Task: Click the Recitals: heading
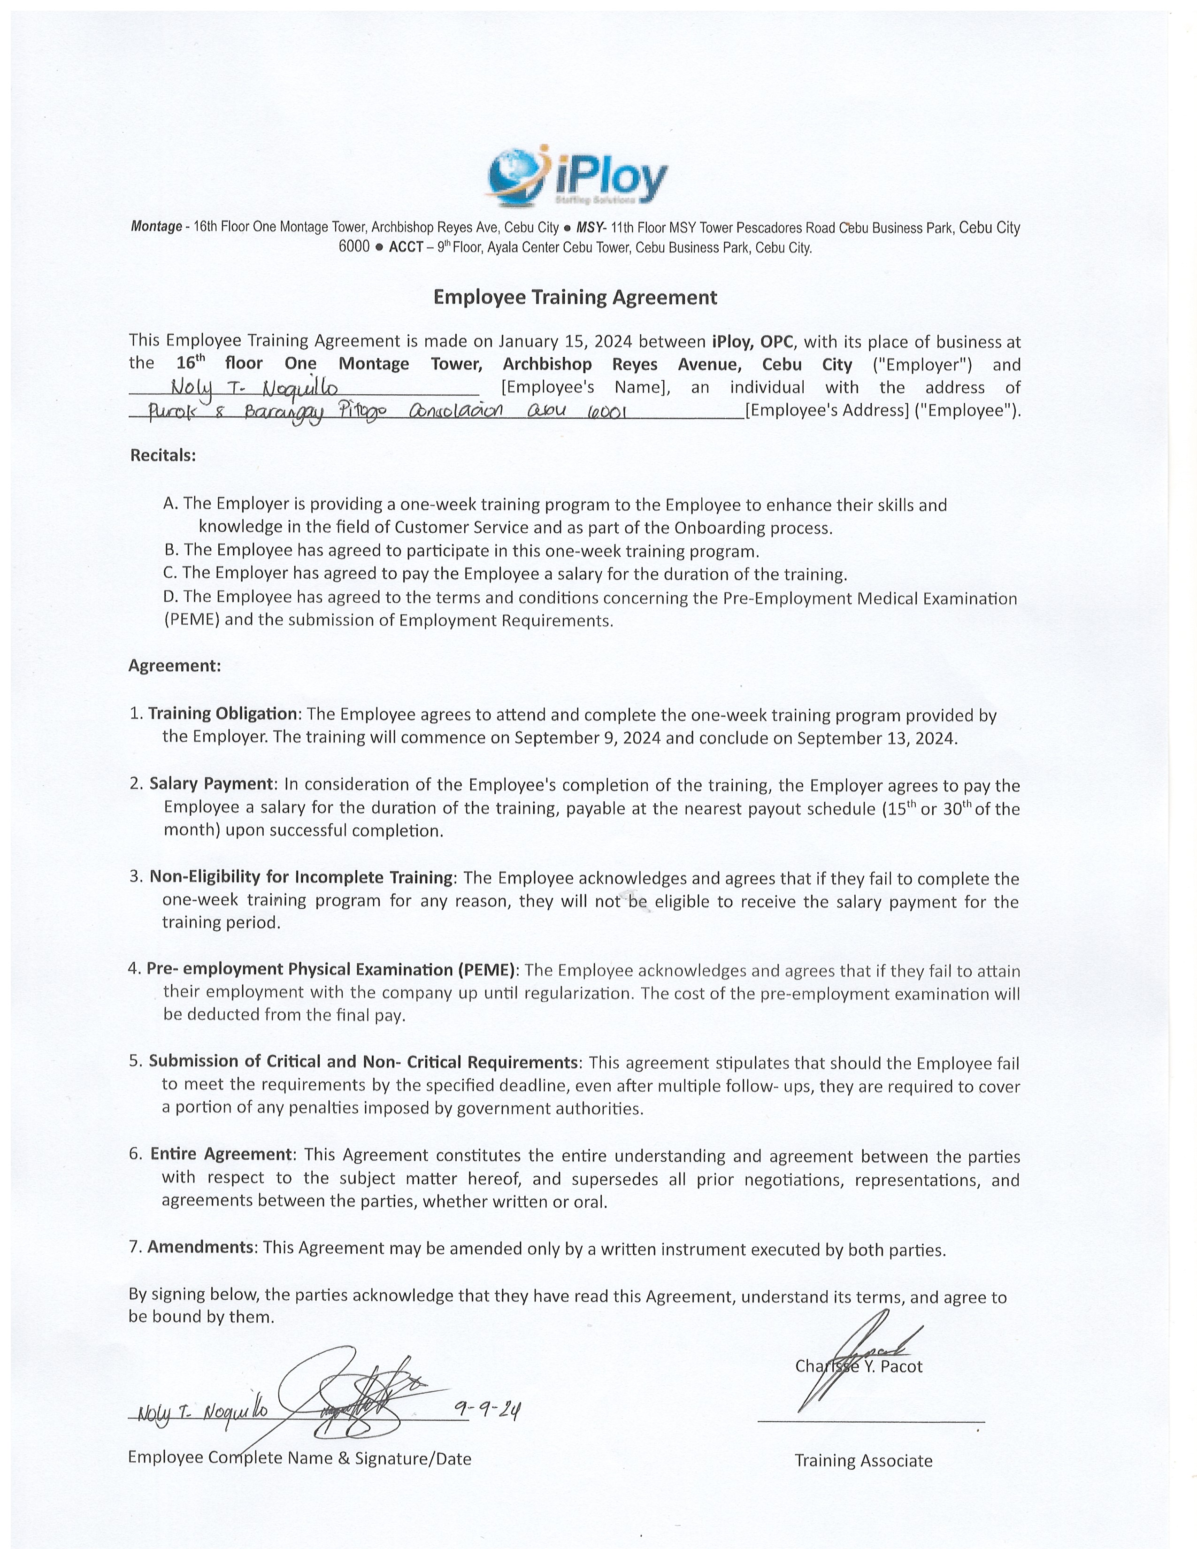click(162, 455)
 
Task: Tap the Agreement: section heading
click(175, 666)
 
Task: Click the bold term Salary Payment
click(211, 784)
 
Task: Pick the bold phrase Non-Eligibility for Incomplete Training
click(301, 877)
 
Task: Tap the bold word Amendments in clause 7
click(200, 1247)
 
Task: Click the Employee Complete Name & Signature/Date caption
click(299, 1458)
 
